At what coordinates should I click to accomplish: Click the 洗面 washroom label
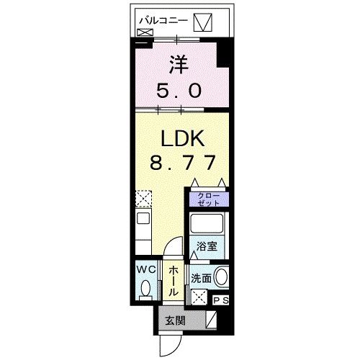point(201,277)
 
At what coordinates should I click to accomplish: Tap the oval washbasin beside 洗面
point(222,276)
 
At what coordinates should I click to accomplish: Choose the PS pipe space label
point(220,299)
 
